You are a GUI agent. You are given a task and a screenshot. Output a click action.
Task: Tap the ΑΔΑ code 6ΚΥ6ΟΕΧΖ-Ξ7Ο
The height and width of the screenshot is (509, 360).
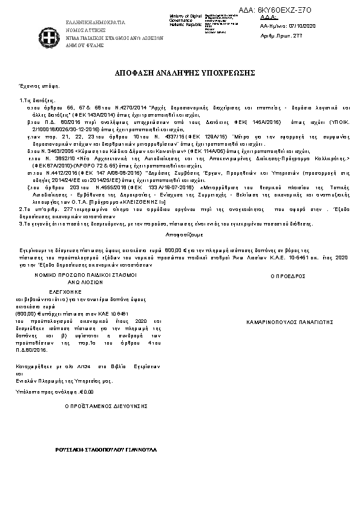pyautogui.click(x=301, y=11)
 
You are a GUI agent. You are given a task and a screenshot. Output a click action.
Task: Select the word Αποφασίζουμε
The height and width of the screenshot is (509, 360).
pyautogui.click(x=179, y=233)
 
